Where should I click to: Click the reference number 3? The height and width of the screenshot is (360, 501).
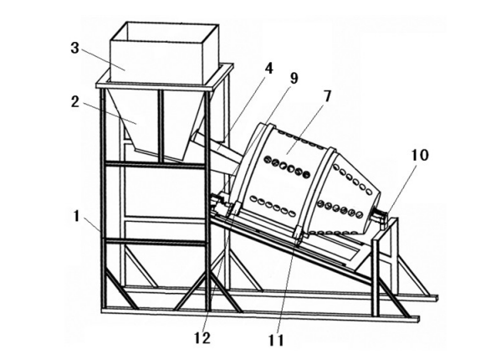[x=74, y=48]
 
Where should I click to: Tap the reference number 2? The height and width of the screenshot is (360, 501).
[x=74, y=101]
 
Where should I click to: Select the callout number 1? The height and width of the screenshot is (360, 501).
[x=76, y=216]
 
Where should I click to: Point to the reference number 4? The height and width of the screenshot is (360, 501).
[x=269, y=68]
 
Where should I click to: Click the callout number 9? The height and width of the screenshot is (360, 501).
[x=294, y=79]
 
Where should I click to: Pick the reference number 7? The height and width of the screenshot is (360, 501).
[x=327, y=96]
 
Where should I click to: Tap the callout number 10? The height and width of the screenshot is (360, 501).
[x=420, y=155]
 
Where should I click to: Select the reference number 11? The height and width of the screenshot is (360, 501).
[x=276, y=341]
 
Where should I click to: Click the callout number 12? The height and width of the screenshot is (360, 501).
[x=202, y=338]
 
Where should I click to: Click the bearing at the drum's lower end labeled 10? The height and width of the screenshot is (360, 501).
[x=381, y=218]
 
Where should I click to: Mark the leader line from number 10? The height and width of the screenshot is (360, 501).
[x=401, y=188]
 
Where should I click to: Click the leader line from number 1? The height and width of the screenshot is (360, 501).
[x=92, y=224]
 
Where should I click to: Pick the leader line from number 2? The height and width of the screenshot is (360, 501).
[x=110, y=113]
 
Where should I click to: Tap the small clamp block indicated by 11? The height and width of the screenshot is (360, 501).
[x=297, y=235]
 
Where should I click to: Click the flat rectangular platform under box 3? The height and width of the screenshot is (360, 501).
[x=165, y=80]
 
